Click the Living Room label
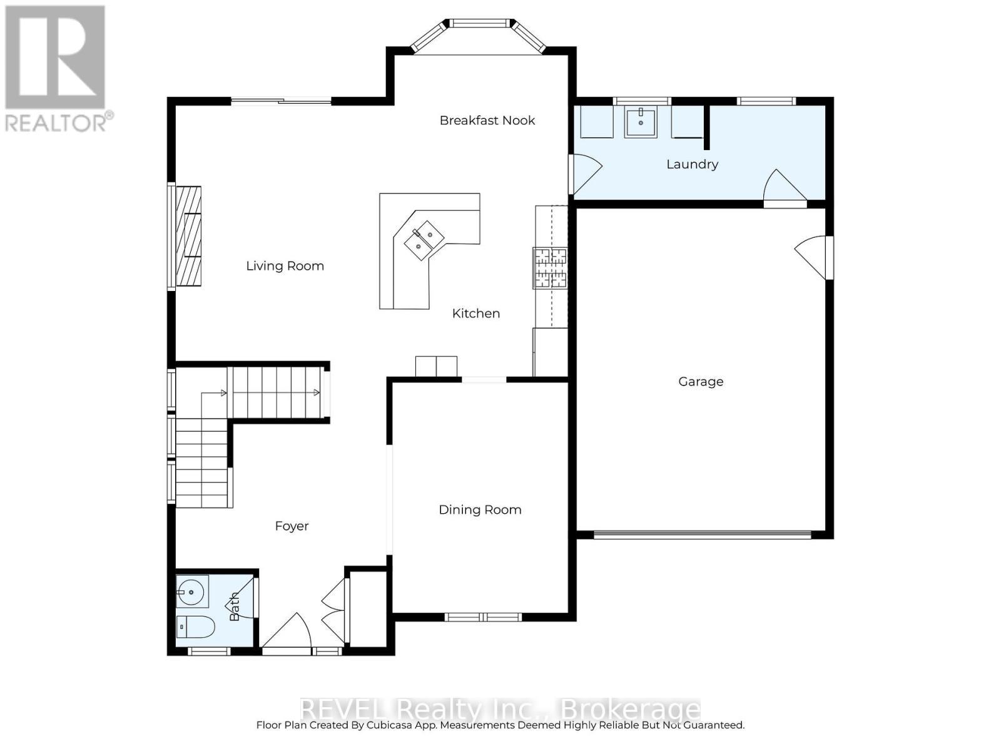(285, 266)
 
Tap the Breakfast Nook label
(487, 120)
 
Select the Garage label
(701, 381)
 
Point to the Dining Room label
(480, 509)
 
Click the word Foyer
(292, 526)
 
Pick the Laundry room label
(692, 164)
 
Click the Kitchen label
(475, 313)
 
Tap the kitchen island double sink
(424, 240)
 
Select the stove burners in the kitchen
(550, 268)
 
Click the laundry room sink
(640, 122)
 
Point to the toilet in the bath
(195, 626)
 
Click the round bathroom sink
(191, 591)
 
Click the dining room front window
(482, 617)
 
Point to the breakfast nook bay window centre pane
(480, 24)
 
